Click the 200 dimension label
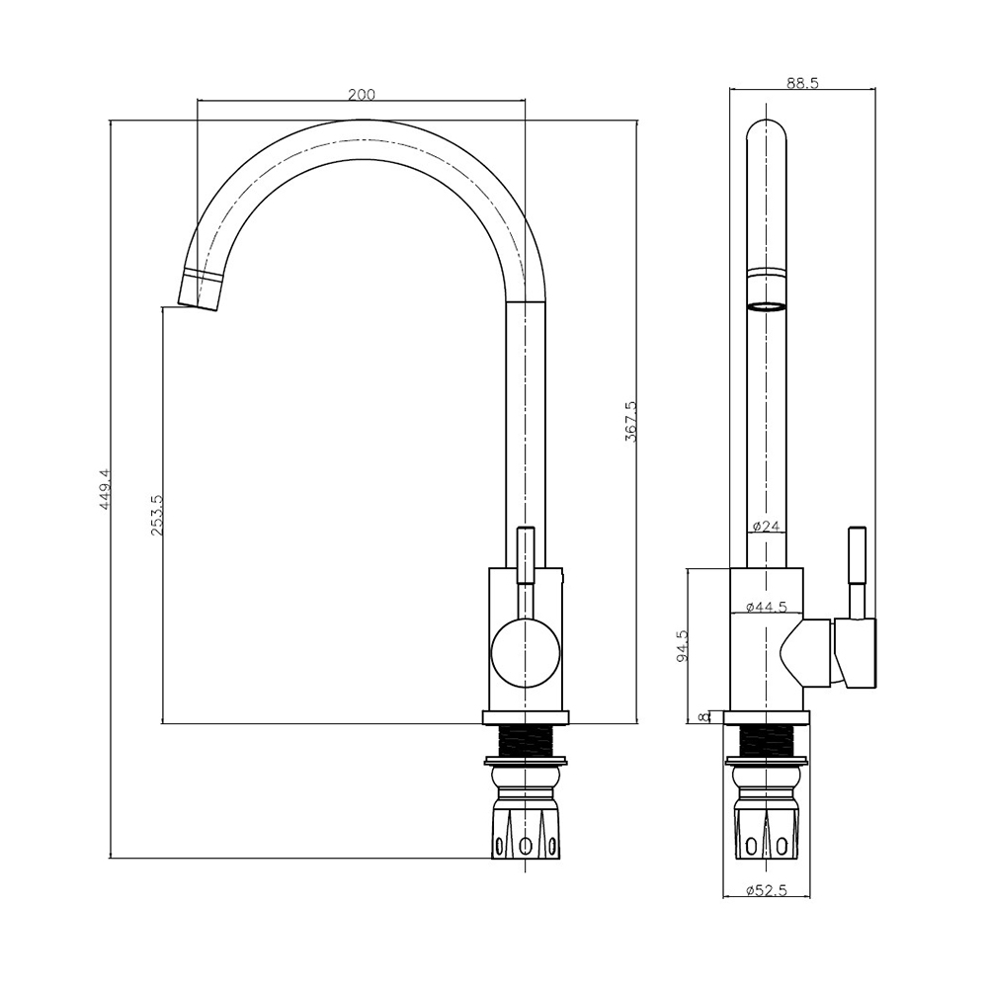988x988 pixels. [x=361, y=95]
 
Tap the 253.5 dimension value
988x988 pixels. [x=157, y=515]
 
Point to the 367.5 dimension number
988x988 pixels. [x=630, y=421]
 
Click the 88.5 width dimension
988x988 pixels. [x=802, y=83]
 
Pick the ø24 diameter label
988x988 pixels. [x=767, y=526]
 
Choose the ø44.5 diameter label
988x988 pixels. [x=767, y=607]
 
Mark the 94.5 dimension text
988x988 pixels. [x=682, y=645]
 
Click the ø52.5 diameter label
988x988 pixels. [x=767, y=890]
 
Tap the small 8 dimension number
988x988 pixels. [x=703, y=716]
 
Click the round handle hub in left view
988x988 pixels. [x=525, y=653]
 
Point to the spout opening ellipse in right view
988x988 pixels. [x=767, y=307]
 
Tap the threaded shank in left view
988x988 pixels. [x=525, y=740]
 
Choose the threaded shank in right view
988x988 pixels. [x=767, y=740]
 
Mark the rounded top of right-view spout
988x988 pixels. [x=767, y=126]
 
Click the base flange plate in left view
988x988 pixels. [x=525, y=717]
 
